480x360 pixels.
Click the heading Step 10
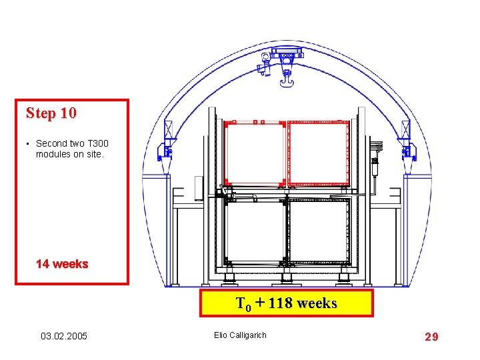pyautogui.click(x=51, y=113)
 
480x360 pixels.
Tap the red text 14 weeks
pyautogui.click(x=62, y=264)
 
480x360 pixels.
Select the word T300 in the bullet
pyautogui.click(x=98, y=143)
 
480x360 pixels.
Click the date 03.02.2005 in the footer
pyautogui.click(x=64, y=336)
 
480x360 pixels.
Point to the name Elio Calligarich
pyautogui.click(x=240, y=335)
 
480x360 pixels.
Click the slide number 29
pyautogui.click(x=431, y=337)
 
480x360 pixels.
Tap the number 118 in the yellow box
pyautogui.click(x=280, y=303)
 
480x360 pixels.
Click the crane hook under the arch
pyautogui.click(x=287, y=80)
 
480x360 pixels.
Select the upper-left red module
pyautogui.click(x=255, y=153)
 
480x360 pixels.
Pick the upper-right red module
pyautogui.click(x=319, y=153)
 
